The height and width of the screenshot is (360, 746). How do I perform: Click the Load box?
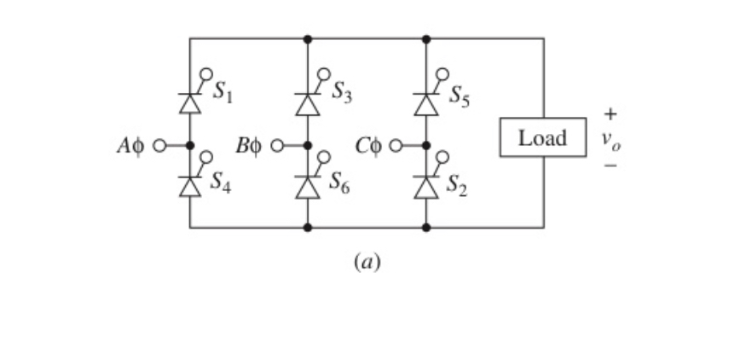[x=542, y=138]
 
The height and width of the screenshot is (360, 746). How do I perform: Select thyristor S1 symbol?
[x=189, y=103]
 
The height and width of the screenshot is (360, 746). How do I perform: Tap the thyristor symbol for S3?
[x=307, y=103]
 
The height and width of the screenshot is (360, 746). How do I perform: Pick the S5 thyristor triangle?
[x=425, y=103]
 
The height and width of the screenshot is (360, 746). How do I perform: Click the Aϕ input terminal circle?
[x=158, y=145]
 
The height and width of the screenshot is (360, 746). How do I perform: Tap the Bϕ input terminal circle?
[x=276, y=145]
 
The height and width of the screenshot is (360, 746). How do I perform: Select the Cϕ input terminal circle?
[x=395, y=145]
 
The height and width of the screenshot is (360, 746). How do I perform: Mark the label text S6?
[x=338, y=188]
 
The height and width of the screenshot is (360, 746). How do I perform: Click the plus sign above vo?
[x=610, y=113]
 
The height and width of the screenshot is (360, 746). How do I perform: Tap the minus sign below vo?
[x=610, y=165]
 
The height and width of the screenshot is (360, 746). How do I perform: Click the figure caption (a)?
[x=367, y=261]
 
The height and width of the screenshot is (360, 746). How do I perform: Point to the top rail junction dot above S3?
[x=307, y=38]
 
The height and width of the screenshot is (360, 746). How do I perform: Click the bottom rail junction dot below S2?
[x=425, y=228]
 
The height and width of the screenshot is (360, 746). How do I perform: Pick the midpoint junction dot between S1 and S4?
[x=189, y=145]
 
